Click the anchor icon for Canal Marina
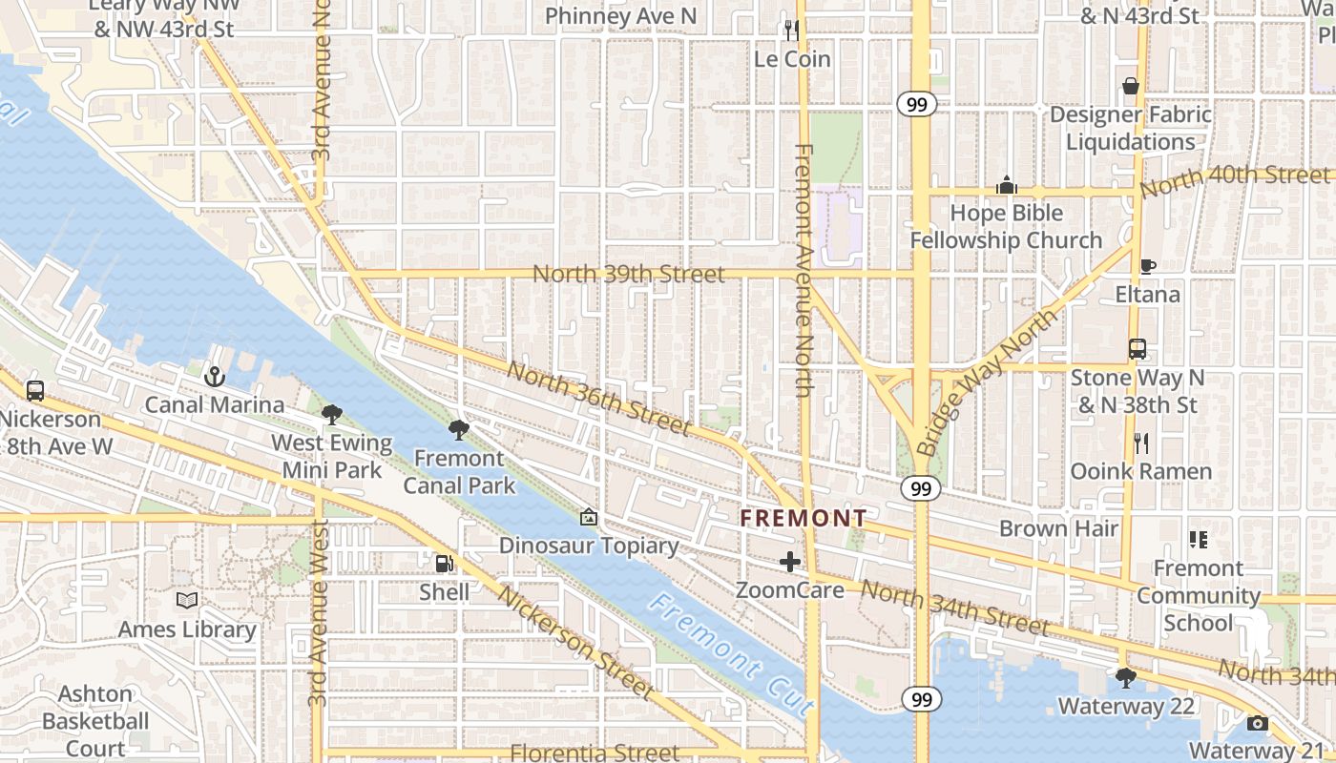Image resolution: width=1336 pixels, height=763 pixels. [214, 377]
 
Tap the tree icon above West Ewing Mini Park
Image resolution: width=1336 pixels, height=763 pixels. [332, 415]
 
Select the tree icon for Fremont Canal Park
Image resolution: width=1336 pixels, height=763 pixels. [458, 430]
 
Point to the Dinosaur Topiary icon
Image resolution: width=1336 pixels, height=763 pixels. [589, 518]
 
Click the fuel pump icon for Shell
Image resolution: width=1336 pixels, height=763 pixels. [444, 564]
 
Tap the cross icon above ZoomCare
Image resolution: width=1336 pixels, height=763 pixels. [789, 562]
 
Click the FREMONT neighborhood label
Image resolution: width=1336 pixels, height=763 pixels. [804, 519]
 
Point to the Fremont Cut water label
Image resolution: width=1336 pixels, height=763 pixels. [732, 655]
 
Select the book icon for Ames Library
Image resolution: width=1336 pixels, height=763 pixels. [187, 600]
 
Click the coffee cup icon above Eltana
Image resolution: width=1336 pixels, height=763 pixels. [1148, 266]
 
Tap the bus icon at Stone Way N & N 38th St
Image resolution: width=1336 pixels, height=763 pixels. [1137, 349]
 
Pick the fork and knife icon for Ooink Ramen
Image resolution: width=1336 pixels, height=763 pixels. [1139, 443]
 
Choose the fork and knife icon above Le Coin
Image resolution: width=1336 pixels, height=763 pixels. [791, 31]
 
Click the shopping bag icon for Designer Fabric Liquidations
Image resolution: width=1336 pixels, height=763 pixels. [1131, 87]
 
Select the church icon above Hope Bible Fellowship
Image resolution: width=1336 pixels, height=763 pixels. [1006, 185]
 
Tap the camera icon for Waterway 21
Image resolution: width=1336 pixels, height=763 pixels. [1257, 723]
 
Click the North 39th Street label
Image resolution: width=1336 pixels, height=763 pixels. [628, 275]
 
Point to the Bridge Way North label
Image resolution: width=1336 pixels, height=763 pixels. [988, 381]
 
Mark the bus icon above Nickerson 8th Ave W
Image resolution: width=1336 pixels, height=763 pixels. [35, 391]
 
